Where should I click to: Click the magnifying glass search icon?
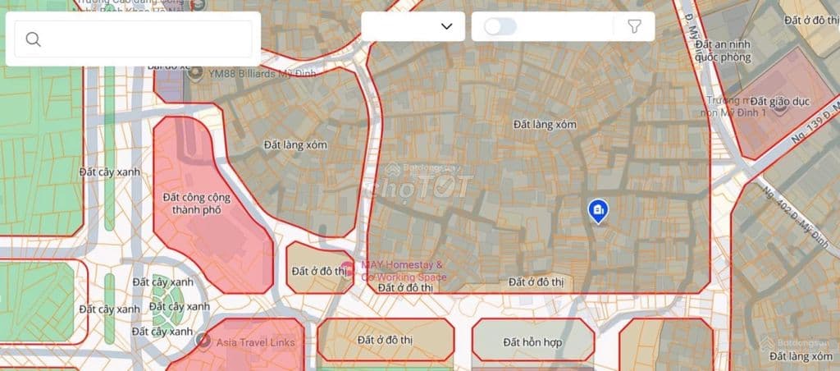(34, 39)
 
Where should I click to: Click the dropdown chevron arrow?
(446, 26)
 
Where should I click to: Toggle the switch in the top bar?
(500, 26)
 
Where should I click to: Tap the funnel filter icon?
(634, 26)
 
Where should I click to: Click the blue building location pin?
(598, 211)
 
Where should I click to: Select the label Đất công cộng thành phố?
(196, 204)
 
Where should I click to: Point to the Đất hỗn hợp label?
(533, 341)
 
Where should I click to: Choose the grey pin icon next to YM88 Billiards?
(195, 73)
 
